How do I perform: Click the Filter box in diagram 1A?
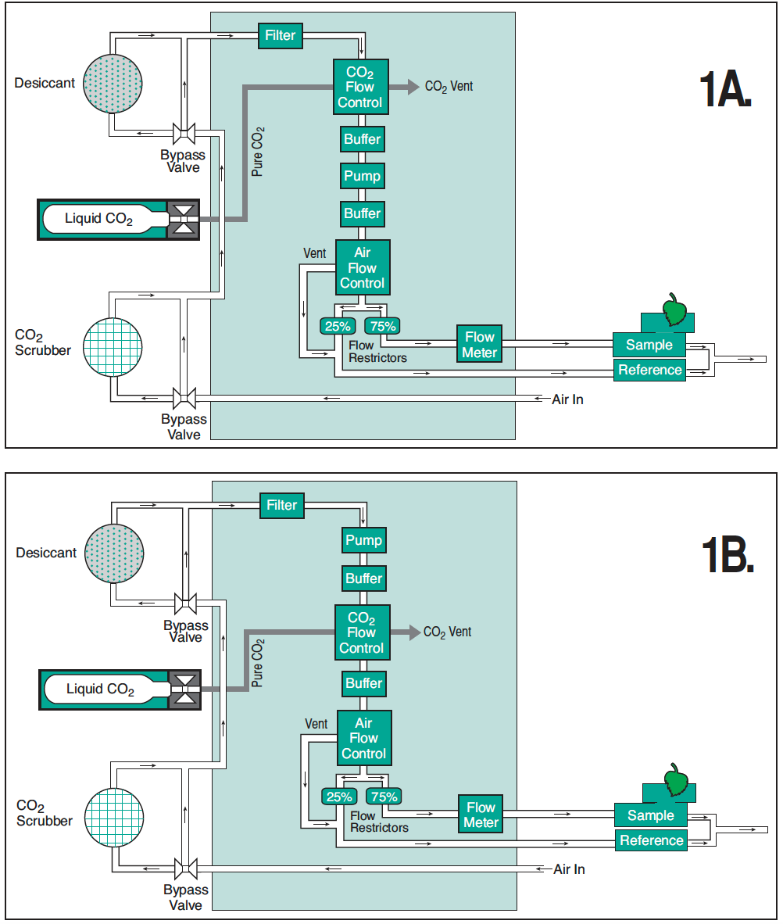(x=281, y=35)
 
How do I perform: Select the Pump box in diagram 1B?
(x=363, y=540)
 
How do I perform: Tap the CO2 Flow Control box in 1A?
(x=360, y=87)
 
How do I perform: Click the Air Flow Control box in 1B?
(x=363, y=738)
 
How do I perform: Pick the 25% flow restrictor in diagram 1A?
(x=338, y=326)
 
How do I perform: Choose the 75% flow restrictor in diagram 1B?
(x=384, y=797)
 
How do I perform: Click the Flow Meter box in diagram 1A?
(x=479, y=345)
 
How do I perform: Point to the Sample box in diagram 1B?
(x=650, y=815)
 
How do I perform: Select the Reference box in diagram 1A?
(x=650, y=370)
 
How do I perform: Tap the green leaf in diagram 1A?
(x=673, y=309)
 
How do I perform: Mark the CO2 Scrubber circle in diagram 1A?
(x=114, y=346)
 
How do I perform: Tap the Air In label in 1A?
(x=567, y=399)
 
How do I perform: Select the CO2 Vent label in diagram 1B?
(x=448, y=632)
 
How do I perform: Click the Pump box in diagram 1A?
(x=362, y=176)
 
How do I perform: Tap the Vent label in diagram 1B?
(x=316, y=724)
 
